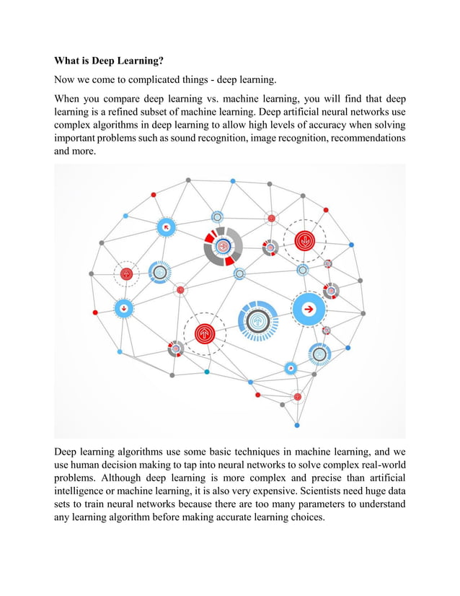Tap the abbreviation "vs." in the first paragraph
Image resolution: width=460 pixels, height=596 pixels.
pos(236,100)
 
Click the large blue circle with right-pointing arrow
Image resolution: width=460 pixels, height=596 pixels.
pos(309,309)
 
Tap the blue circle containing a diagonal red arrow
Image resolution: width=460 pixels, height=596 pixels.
pos(167,227)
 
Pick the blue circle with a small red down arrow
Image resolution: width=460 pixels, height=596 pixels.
pos(125,308)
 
